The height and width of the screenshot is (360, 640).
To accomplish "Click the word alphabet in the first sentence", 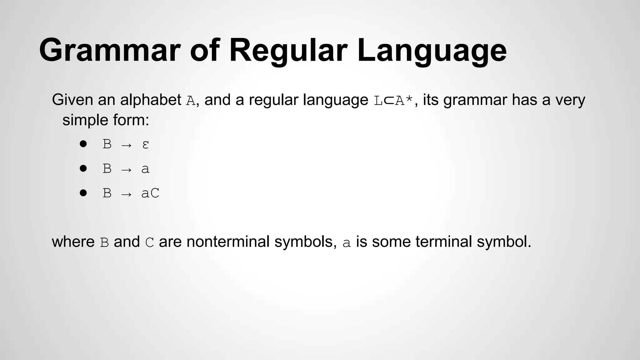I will click(x=150, y=100).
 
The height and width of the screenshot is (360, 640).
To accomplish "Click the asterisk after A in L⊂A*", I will click(x=409, y=99).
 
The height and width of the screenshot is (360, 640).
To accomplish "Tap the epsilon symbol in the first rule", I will click(x=145, y=144).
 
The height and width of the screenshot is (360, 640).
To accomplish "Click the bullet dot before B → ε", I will click(x=83, y=144).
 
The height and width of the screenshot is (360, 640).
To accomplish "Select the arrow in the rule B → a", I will click(x=126, y=169).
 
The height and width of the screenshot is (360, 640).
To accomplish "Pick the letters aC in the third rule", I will click(x=150, y=193).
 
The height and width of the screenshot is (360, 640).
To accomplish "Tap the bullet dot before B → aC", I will click(x=83, y=193).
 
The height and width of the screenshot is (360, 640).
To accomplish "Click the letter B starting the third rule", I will click(x=107, y=193).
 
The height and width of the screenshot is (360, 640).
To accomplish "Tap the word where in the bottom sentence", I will click(x=73, y=242).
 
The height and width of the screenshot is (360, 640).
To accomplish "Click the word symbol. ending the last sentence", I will click(x=504, y=242).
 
